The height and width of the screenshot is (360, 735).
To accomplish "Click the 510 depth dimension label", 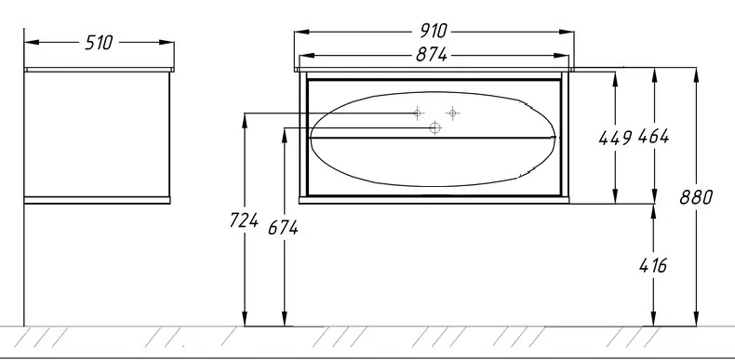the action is tap(99, 43).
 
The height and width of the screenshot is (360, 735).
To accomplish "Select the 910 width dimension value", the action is tap(434, 32).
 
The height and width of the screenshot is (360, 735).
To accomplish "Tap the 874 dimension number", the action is tap(432, 55).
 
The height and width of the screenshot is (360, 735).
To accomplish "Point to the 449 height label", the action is tap(616, 138).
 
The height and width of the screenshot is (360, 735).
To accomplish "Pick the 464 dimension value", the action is tap(654, 137).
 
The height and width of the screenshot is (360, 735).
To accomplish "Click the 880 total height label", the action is tap(696, 197).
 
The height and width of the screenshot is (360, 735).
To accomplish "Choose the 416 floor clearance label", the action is tap(653, 266).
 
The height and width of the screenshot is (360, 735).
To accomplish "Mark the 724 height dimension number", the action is tap(244, 220).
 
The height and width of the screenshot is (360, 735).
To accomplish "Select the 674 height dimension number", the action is tap(283, 228).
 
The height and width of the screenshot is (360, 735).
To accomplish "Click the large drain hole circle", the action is tap(435, 127).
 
